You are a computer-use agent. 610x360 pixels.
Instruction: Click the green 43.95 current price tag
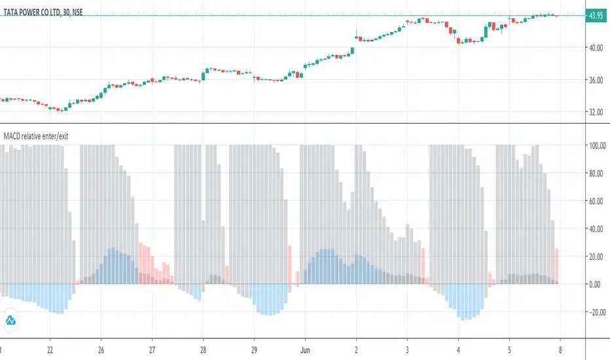click(596, 16)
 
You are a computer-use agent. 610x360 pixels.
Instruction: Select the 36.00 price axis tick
click(596, 80)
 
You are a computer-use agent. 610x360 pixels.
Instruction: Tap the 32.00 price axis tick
click(596, 112)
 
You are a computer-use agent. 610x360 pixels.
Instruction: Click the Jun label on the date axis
click(305, 350)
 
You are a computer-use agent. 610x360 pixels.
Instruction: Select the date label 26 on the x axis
click(100, 350)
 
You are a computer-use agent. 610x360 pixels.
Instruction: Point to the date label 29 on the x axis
click(255, 350)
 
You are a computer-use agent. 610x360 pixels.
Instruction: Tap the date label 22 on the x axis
click(50, 350)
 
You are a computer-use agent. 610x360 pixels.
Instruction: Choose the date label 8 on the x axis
click(561, 350)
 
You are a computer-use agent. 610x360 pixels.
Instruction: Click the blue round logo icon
click(11, 320)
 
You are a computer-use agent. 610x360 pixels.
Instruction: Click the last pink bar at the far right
click(557, 266)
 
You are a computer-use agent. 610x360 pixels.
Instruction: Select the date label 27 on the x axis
click(152, 350)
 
